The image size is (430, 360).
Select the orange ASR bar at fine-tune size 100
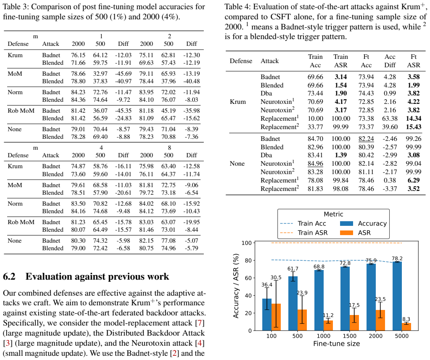(276, 317)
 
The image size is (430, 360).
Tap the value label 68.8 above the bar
(319, 267)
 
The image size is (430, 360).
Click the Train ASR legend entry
(304, 233)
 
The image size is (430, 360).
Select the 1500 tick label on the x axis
(349, 336)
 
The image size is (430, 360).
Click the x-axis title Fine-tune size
(337, 344)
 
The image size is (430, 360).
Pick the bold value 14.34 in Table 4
(414, 119)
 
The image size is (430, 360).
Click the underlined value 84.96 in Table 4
(315, 164)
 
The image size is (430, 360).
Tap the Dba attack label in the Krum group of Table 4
(266, 93)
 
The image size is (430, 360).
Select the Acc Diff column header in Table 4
(390, 61)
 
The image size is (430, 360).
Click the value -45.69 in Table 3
(123, 74)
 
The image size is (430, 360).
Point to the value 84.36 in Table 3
(78, 100)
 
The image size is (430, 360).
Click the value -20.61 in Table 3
(123, 193)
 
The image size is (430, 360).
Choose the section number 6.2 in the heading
(9, 277)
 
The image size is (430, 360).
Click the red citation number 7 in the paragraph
(200, 323)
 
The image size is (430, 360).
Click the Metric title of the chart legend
(333, 214)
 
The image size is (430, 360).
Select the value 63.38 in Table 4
(390, 119)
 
